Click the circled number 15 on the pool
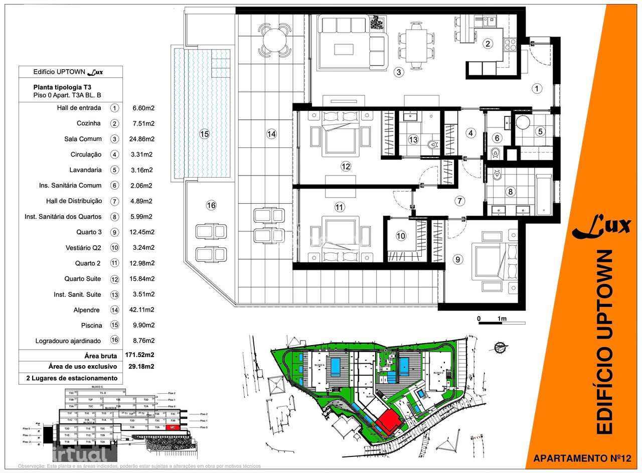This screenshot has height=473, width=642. [x=204, y=134]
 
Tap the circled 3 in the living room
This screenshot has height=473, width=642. [x=399, y=72]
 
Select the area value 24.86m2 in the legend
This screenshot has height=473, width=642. [x=142, y=139]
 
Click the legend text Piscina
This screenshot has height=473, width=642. [x=91, y=325]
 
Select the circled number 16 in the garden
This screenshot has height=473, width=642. [x=211, y=205]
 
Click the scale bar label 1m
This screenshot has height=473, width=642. [x=502, y=319]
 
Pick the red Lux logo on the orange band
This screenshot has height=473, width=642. [x=601, y=227]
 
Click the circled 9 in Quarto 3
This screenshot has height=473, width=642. [x=456, y=259]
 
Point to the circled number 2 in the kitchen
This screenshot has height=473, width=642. [x=488, y=44]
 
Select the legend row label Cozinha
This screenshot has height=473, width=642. [x=89, y=123]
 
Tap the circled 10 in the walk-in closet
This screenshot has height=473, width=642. [x=401, y=236]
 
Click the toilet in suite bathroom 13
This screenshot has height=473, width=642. [x=432, y=145]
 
